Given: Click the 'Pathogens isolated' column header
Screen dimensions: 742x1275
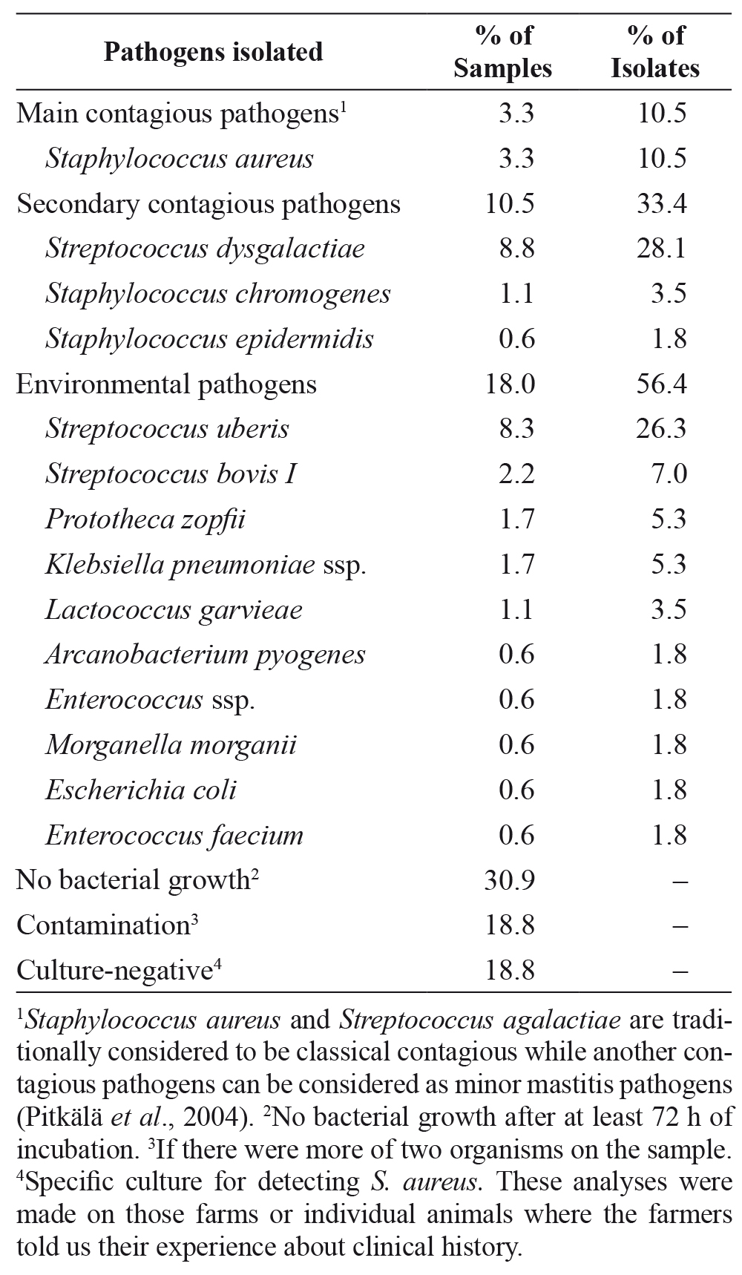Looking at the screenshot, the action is (x=213, y=51).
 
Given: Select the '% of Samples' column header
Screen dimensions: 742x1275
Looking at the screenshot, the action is (x=503, y=51).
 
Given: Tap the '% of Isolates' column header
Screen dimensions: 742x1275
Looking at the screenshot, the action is (x=655, y=51).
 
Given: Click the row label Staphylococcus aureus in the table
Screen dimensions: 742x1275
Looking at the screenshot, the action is (x=180, y=158).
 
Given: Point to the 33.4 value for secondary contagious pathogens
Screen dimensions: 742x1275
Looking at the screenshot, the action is (x=662, y=203).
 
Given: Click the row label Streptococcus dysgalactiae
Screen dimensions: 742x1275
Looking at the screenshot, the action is (x=206, y=249).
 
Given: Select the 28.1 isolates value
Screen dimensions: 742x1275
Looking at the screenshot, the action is (x=662, y=249).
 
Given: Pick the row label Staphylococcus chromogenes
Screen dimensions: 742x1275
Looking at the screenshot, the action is (x=218, y=294).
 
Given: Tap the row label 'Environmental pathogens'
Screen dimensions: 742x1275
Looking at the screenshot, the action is (x=167, y=384).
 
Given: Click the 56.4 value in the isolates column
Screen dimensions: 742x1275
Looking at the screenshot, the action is (x=662, y=384).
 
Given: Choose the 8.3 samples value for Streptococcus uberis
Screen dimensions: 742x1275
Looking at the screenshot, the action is (x=516, y=429).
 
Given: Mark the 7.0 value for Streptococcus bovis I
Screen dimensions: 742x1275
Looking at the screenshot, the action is (x=669, y=474).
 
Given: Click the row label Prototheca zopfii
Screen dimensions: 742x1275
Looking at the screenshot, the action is (x=145, y=519).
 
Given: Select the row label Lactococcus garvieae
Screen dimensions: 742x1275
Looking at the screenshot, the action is (x=174, y=610).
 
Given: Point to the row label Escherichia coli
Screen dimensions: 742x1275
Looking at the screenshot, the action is (x=141, y=790).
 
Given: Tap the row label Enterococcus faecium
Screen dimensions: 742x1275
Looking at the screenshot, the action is (x=174, y=836).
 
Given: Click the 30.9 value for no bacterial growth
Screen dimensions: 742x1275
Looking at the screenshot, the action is (x=510, y=881).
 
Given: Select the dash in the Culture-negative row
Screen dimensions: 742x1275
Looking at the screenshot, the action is (x=681, y=971).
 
